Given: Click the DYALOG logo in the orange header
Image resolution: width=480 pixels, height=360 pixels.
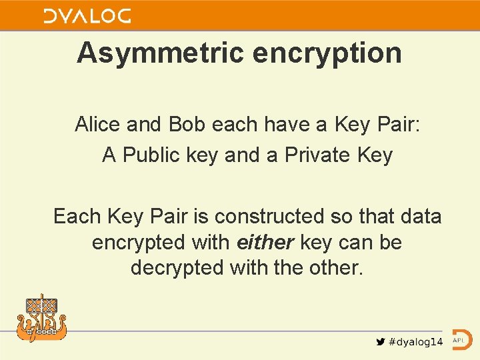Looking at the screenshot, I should click(87, 15).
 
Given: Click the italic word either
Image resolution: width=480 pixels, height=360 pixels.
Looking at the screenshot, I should click(265, 242).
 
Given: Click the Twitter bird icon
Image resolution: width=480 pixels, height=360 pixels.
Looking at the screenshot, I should click(380, 342).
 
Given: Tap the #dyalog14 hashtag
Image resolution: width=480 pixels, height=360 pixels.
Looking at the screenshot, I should click(415, 342).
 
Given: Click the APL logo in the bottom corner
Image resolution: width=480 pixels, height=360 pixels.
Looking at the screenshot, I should click(462, 340).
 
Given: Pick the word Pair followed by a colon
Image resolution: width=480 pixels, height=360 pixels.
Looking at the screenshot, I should click(397, 124).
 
